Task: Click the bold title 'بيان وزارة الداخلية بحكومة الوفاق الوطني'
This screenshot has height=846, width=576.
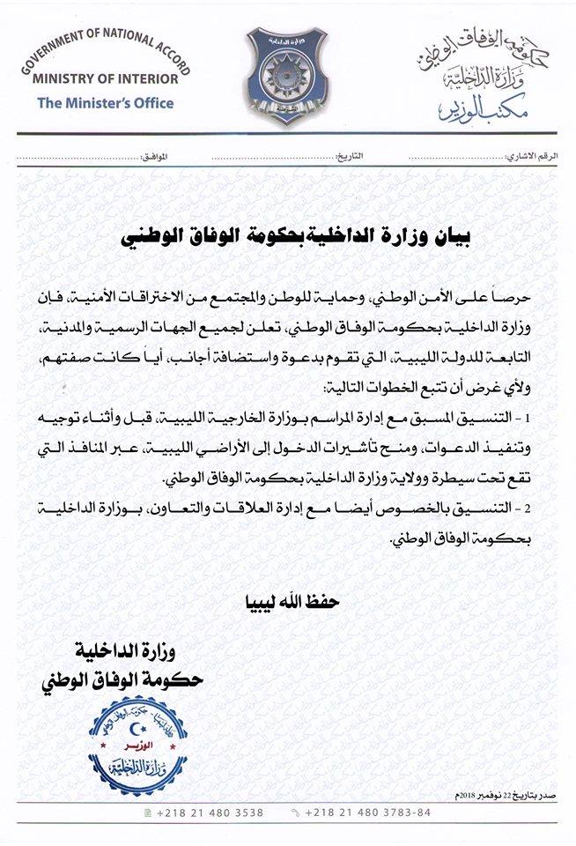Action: (287, 236)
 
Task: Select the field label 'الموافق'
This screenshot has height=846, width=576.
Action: (153, 156)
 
